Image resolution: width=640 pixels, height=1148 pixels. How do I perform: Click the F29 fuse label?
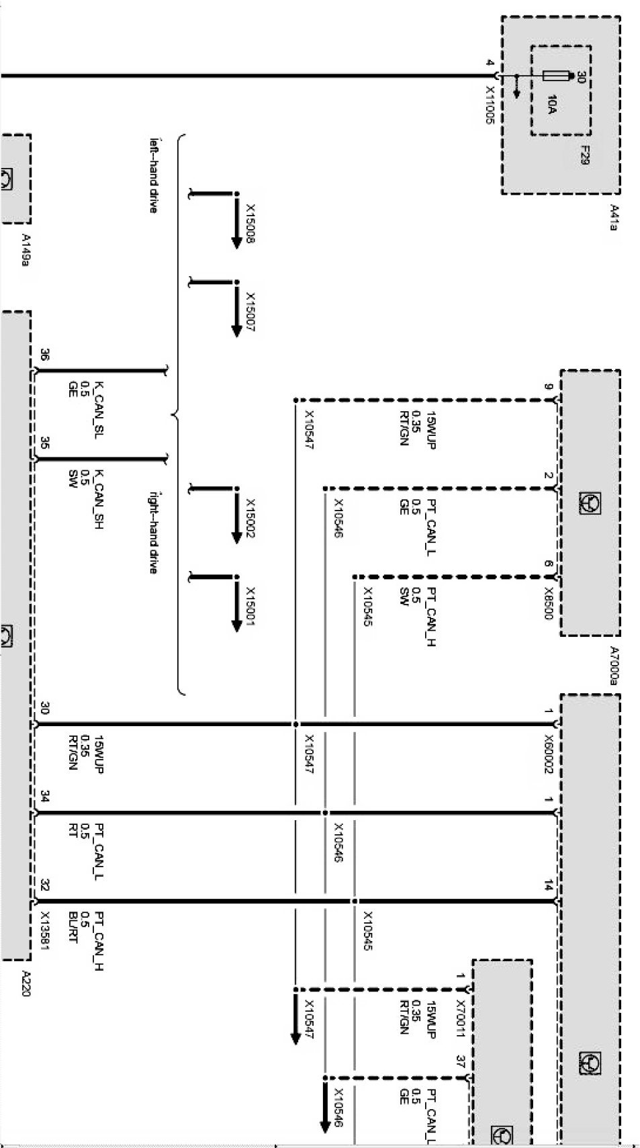tap(585, 156)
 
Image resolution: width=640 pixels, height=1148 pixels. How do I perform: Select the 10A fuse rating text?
tap(551, 104)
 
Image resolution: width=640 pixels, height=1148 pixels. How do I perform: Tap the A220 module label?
tap(26, 983)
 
